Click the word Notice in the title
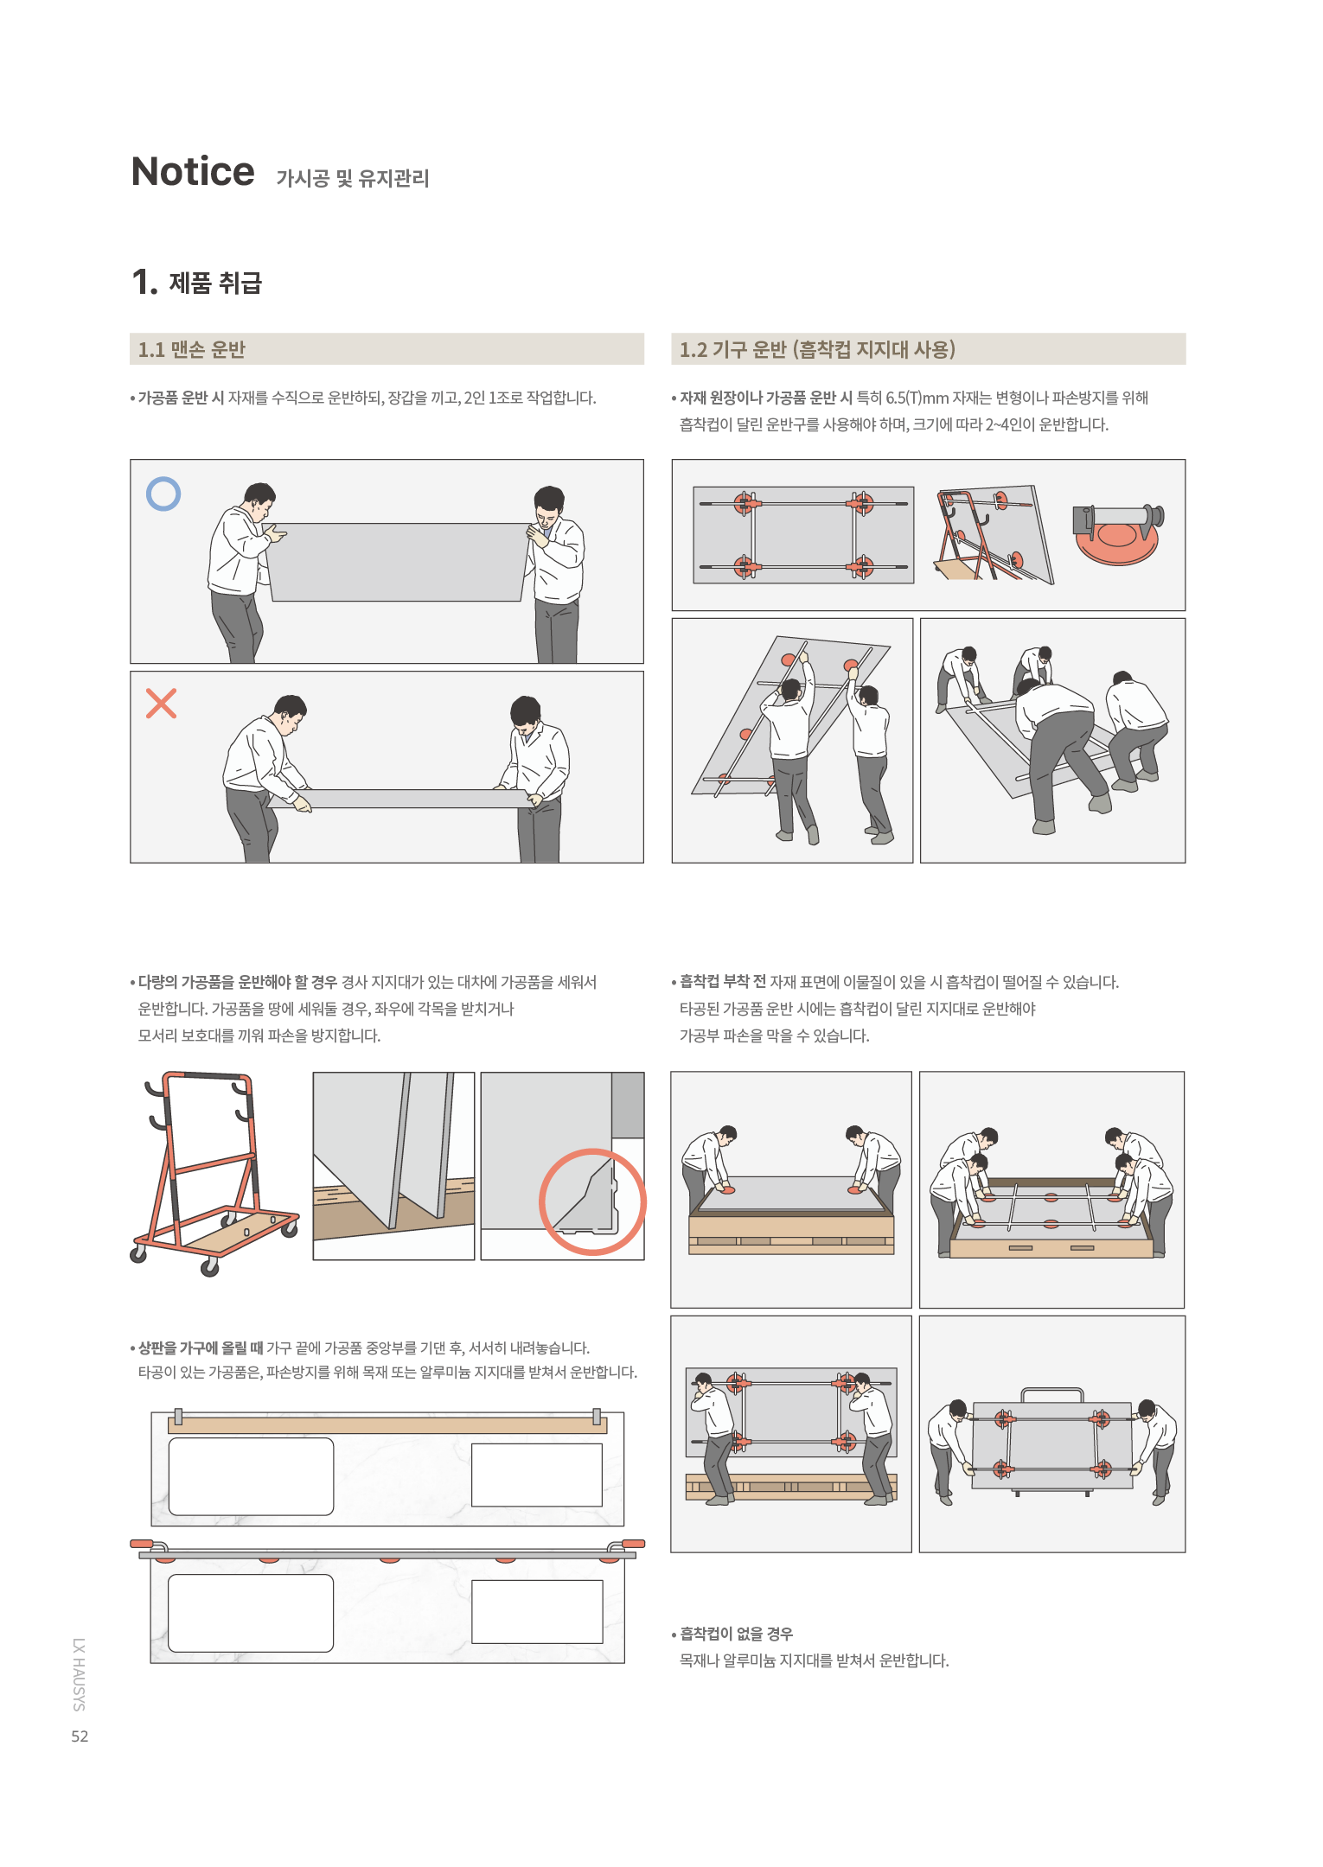[x=193, y=172]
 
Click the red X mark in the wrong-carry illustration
[x=162, y=704]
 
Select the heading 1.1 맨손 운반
[x=192, y=349]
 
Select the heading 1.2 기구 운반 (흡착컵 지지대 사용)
[x=817, y=349]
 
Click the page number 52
[x=80, y=1736]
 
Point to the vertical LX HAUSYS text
[x=79, y=1674]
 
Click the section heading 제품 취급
[x=215, y=283]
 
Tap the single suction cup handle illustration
[x=1118, y=533]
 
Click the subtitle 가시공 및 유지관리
[x=353, y=178]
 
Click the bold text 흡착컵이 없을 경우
[x=736, y=1634]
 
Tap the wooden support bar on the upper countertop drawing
[x=387, y=1425]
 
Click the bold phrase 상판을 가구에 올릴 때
[x=201, y=1348]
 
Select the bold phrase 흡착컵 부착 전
[x=723, y=981]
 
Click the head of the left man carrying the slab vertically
[x=259, y=499]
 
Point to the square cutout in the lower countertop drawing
[x=537, y=1611]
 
